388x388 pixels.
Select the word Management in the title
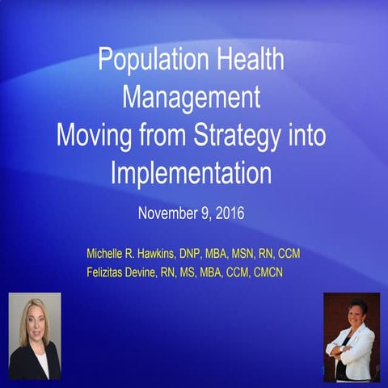(192, 97)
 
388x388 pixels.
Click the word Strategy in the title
(247, 134)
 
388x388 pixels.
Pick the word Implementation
(192, 171)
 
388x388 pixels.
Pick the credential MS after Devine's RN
(201, 272)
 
